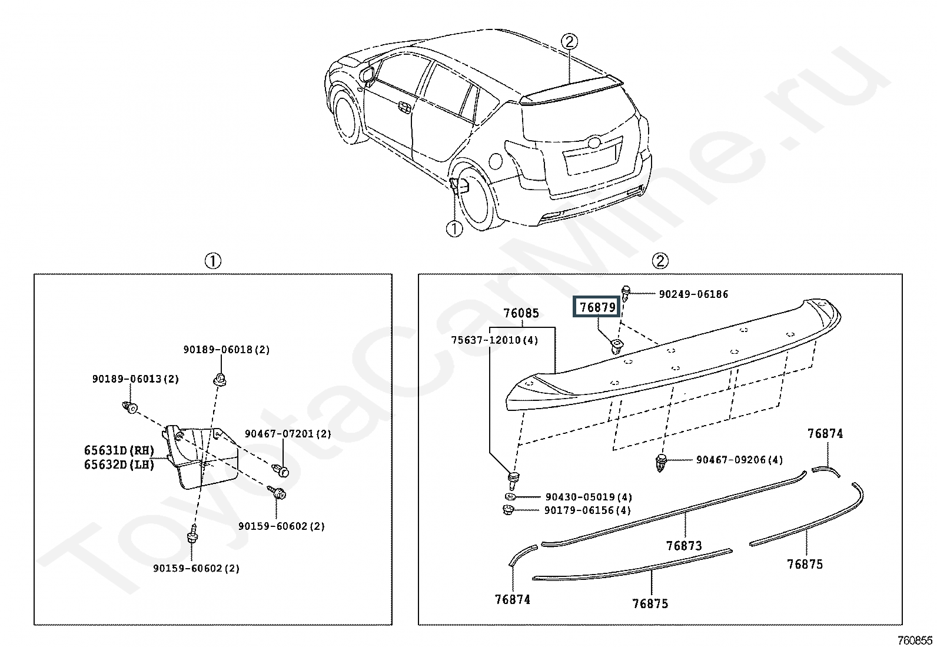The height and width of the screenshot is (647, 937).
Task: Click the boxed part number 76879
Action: [x=597, y=307]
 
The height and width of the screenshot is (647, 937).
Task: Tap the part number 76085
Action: [x=520, y=314]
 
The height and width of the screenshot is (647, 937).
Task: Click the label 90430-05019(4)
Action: [x=589, y=497]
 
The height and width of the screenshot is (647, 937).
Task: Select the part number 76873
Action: [x=684, y=546]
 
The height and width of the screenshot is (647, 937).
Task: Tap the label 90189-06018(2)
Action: [x=226, y=350]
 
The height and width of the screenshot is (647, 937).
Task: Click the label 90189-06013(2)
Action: [x=135, y=379]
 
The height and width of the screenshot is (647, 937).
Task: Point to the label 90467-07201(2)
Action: [x=288, y=434]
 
